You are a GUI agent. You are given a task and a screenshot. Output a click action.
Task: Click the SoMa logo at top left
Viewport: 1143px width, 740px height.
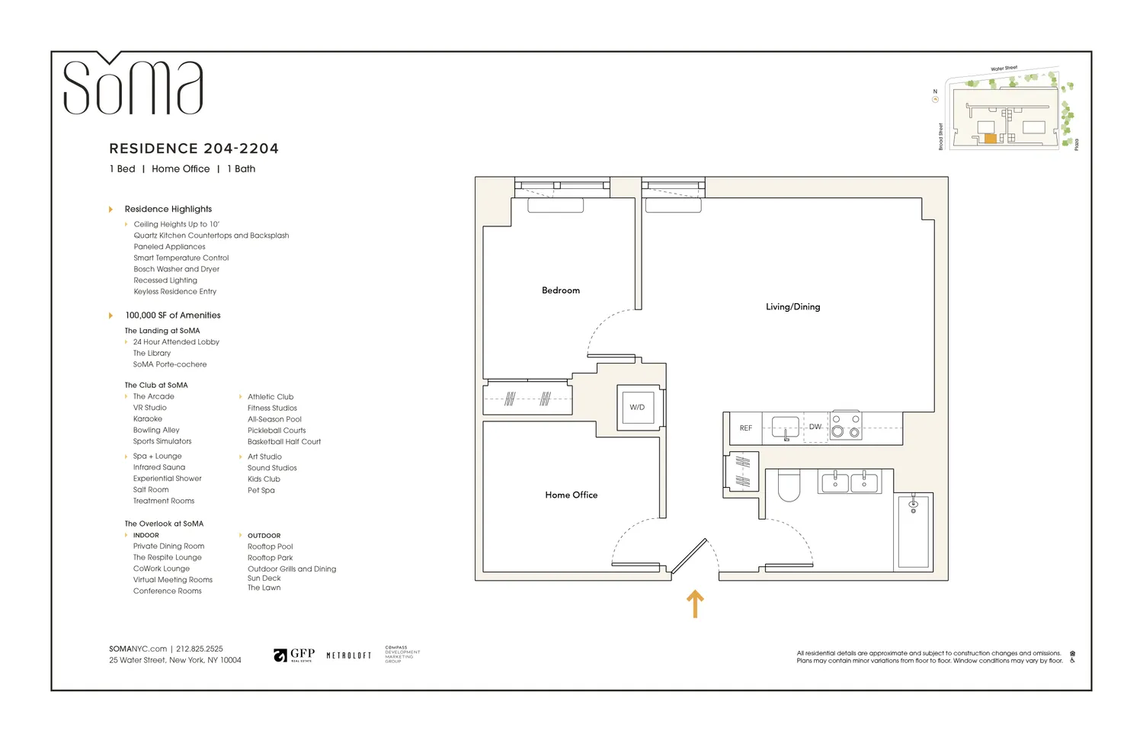(133, 85)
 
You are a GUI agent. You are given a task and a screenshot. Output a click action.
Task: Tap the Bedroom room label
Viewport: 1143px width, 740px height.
(560, 290)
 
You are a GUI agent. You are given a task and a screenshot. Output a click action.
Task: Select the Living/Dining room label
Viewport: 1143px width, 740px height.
(792, 306)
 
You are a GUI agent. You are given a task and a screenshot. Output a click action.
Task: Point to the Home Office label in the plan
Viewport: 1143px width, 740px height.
(571, 495)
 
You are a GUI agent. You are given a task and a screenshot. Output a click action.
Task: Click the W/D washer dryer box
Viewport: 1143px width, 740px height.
(636, 407)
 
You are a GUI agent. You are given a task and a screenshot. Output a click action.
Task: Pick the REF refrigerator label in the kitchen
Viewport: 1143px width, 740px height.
(745, 428)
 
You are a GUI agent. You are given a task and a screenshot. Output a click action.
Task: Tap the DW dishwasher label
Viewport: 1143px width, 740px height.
(815, 427)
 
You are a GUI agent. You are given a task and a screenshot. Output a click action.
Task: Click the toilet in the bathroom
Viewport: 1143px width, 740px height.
(789, 486)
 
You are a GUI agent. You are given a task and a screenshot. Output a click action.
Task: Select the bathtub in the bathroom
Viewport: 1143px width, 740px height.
(913, 531)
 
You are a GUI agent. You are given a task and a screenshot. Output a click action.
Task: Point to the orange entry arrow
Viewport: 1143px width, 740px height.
(694, 604)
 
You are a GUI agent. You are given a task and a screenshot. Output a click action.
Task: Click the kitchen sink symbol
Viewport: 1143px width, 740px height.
(785, 428)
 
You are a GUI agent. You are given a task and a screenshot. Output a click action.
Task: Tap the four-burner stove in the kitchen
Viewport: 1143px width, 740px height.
(846, 426)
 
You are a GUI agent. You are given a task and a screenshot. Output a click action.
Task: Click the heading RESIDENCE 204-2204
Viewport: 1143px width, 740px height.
(194, 149)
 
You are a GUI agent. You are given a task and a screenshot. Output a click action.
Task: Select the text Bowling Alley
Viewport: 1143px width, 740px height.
(156, 430)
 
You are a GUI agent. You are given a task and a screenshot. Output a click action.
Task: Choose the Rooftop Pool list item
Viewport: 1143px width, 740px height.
(270, 546)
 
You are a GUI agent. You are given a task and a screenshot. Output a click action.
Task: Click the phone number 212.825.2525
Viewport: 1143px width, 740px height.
(200, 649)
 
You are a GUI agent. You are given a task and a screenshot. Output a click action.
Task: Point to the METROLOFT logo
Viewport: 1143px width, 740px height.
(348, 655)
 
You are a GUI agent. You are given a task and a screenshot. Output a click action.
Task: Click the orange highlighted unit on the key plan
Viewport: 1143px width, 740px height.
(990, 139)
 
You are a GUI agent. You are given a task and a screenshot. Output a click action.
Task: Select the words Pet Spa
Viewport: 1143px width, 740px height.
(261, 490)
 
